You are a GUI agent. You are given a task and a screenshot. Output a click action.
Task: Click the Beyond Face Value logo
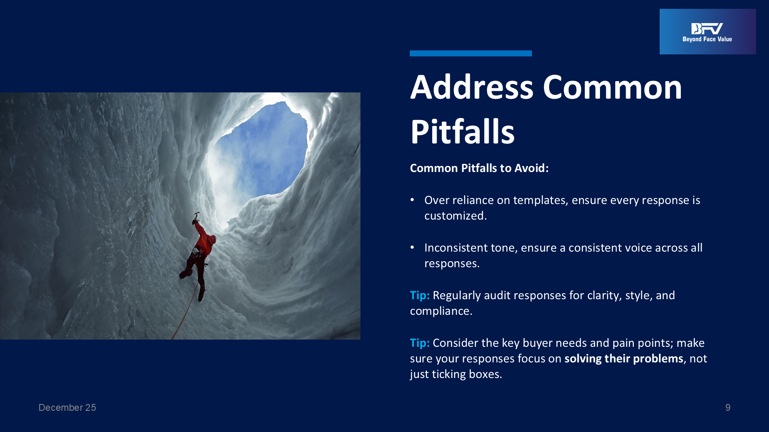[707, 32]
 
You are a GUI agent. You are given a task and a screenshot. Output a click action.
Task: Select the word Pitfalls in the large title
[462, 131]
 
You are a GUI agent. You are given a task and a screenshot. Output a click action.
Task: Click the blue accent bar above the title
[471, 53]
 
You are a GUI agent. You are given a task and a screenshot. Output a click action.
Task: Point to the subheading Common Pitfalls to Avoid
[479, 168]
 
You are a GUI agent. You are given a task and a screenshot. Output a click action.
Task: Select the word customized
[455, 216]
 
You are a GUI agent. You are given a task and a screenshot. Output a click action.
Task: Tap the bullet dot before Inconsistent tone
[412, 248]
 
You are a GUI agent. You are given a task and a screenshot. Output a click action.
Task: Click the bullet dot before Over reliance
[412, 200]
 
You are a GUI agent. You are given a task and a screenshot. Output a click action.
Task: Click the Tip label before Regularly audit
[420, 295]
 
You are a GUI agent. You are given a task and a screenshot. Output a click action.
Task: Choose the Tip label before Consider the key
[420, 343]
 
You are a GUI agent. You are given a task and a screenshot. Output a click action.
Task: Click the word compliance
[441, 311]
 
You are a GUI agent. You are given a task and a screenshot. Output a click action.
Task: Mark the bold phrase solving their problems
[624, 358]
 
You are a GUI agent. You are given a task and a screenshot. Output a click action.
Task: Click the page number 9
[728, 408]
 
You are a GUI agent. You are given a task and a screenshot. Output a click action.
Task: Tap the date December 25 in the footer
[67, 408]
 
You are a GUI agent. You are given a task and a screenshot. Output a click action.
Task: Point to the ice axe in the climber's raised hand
[196, 216]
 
